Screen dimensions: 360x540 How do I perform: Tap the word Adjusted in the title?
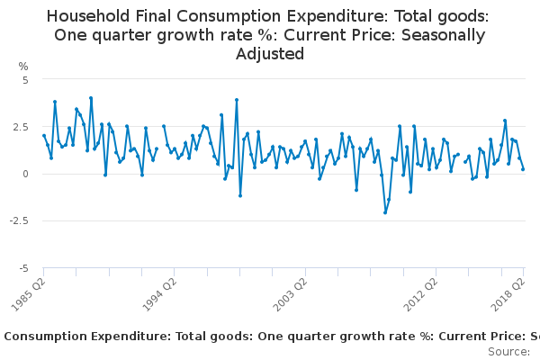(x=270, y=54)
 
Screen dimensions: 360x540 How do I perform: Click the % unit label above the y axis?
(x=23, y=66)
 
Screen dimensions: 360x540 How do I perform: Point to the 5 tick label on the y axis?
(x=26, y=79)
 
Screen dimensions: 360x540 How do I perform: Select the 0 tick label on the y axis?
(x=26, y=174)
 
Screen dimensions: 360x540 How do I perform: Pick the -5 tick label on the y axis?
(x=24, y=268)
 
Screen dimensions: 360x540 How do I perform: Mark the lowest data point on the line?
(x=385, y=212)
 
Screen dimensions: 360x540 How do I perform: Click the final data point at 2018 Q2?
(x=523, y=169)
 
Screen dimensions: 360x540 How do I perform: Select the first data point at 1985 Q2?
(x=43, y=136)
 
